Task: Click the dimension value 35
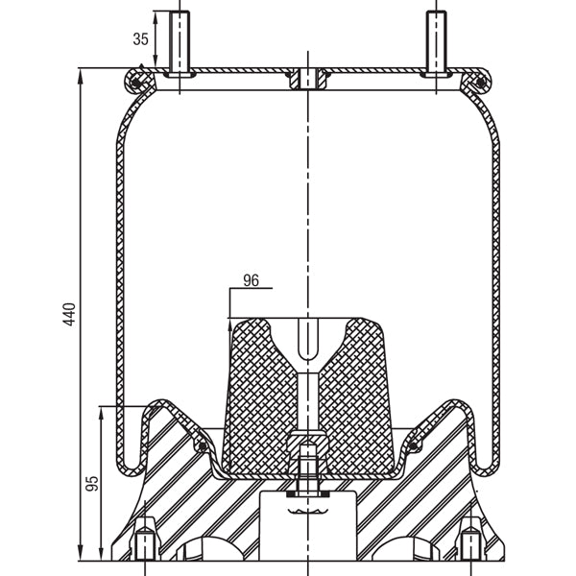click(140, 39)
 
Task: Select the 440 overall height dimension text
click(69, 315)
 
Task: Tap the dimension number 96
click(252, 280)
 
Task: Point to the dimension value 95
click(92, 483)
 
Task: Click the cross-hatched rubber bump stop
click(259, 394)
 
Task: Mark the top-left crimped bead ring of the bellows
click(141, 83)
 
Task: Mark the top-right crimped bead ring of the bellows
click(473, 83)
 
